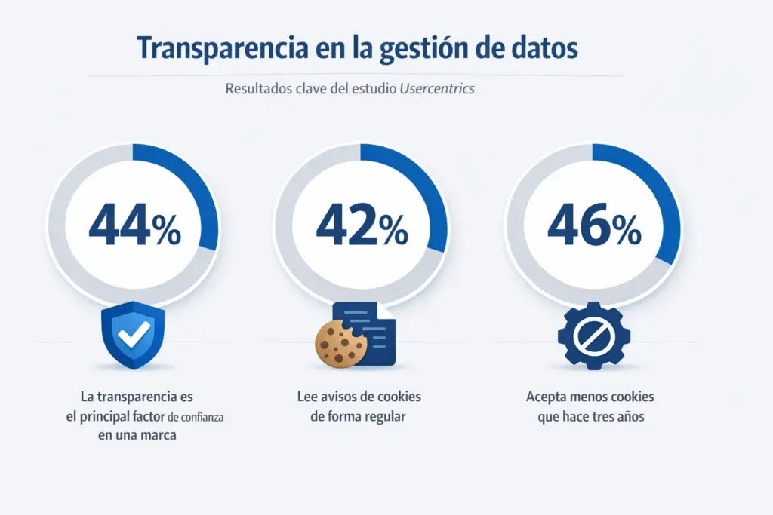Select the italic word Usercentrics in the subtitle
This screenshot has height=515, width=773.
coord(436,89)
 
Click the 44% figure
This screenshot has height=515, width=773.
coord(134,226)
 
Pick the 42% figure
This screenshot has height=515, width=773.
coord(362,226)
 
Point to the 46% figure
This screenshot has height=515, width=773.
coord(593,226)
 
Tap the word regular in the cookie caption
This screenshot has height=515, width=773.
coord(382,416)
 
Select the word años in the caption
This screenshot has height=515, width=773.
coord(629,416)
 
